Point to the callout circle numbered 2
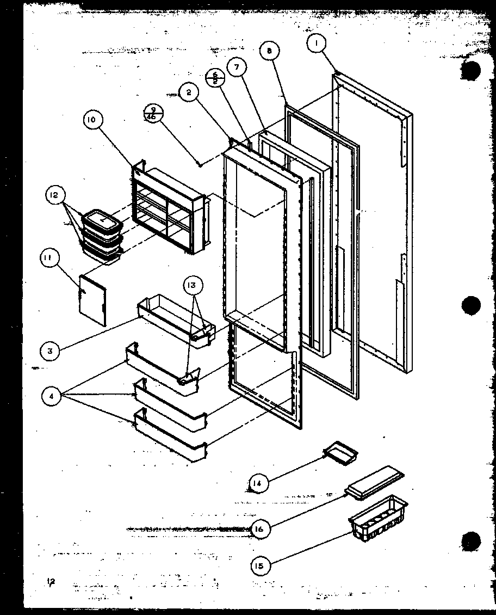(x=189, y=93)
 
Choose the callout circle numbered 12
(x=57, y=195)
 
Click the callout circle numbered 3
(x=49, y=350)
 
